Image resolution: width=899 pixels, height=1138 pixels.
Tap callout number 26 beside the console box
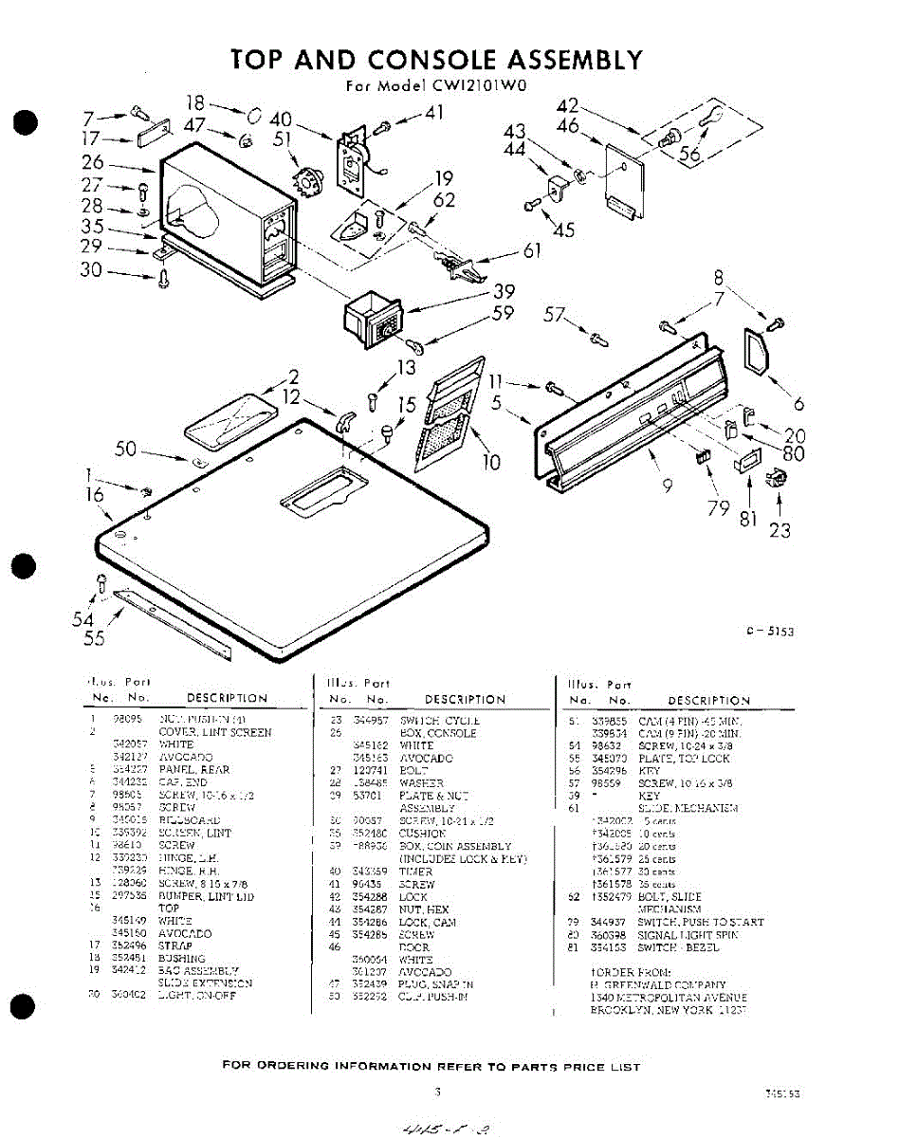point(91,162)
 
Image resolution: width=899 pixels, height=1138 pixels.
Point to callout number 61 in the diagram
point(532,251)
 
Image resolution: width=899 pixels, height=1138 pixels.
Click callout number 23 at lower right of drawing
point(779,531)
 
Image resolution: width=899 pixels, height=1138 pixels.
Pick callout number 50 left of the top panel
point(126,449)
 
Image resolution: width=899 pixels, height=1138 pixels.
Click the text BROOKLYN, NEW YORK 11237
point(668,1011)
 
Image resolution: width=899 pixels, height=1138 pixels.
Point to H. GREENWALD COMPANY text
point(658,985)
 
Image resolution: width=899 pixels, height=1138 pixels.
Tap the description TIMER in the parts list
point(416,871)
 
